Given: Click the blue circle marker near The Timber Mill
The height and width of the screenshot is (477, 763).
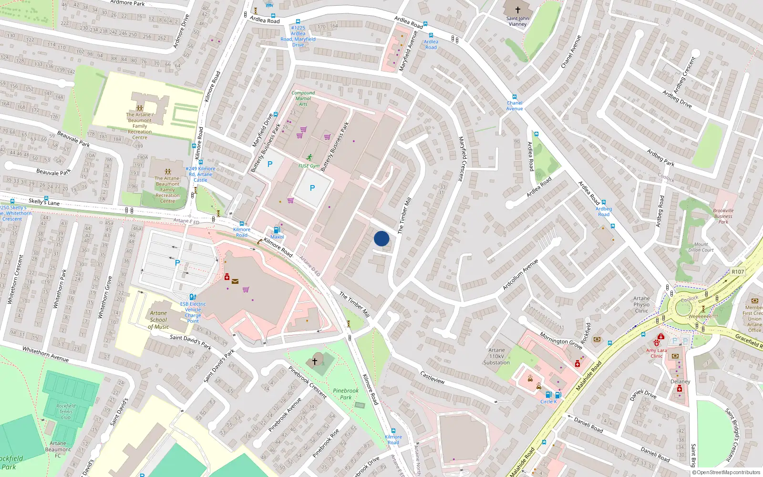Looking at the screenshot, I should (x=381, y=238).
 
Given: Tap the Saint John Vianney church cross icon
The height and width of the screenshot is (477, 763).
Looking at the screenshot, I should (x=517, y=10).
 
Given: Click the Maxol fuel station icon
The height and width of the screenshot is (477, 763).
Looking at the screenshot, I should (x=277, y=230).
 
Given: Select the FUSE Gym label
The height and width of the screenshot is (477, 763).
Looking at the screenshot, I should (x=309, y=166).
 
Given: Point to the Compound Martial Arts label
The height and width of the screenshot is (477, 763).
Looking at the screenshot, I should (x=303, y=98).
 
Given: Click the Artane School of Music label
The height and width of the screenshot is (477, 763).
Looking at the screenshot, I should (x=158, y=320).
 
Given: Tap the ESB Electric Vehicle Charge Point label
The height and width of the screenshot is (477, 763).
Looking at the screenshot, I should (x=193, y=312).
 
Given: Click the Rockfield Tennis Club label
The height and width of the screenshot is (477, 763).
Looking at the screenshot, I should (x=66, y=412).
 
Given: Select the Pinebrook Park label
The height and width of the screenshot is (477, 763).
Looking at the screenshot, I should (x=346, y=394).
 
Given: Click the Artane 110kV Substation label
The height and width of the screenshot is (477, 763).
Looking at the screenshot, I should (x=496, y=356).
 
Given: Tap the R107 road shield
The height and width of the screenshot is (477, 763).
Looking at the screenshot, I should (x=738, y=271).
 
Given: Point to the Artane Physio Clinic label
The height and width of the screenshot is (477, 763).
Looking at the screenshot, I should (x=641, y=304).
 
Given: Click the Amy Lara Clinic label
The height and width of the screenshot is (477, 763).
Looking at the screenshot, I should (x=657, y=353).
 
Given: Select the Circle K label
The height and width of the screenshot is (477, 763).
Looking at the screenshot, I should (x=548, y=402).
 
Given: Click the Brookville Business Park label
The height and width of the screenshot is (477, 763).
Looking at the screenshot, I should (x=723, y=216).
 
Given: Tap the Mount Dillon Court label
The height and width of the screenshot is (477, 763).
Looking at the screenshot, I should (x=701, y=247).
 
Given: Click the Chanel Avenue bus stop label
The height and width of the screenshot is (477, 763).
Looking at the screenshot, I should (x=515, y=105).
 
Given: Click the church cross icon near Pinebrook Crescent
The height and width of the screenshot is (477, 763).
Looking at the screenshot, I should (x=314, y=361).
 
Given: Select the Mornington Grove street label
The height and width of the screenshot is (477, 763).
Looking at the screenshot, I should (x=561, y=341).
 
